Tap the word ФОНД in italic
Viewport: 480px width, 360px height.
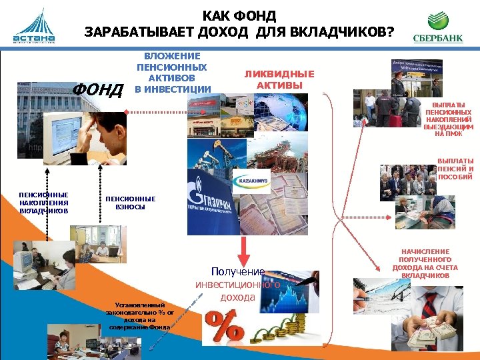click(x=97, y=89)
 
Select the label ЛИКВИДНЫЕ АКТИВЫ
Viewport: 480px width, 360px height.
click(x=279, y=80)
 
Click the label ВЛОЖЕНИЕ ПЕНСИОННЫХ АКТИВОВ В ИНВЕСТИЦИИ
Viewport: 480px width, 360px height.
click(x=172, y=73)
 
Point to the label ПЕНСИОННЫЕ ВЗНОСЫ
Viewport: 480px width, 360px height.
click(x=131, y=203)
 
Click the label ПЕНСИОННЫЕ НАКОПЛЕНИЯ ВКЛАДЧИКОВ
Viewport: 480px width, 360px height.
click(x=44, y=203)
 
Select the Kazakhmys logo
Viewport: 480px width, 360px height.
click(x=251, y=181)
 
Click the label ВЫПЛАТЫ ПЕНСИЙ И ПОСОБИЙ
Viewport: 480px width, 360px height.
click(x=455, y=169)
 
